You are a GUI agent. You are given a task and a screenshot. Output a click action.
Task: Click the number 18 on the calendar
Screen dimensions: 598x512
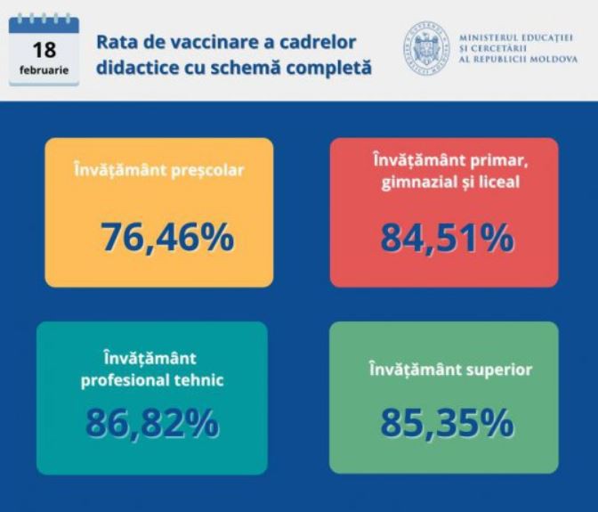point(44,50)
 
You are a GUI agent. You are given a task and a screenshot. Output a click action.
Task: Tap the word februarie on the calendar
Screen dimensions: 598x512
point(44,70)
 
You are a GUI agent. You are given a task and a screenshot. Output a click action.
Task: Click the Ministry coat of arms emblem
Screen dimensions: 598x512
point(426,48)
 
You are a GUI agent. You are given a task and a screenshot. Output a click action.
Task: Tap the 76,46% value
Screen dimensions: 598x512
point(167,238)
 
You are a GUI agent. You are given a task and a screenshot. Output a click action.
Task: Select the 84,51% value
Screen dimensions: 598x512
point(448,238)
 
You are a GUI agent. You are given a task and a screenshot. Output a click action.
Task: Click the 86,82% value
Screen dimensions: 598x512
point(152,423)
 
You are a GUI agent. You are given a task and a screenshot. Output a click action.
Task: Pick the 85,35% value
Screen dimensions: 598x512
point(447,423)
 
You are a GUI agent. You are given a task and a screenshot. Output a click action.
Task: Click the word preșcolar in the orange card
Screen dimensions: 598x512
point(207,171)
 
